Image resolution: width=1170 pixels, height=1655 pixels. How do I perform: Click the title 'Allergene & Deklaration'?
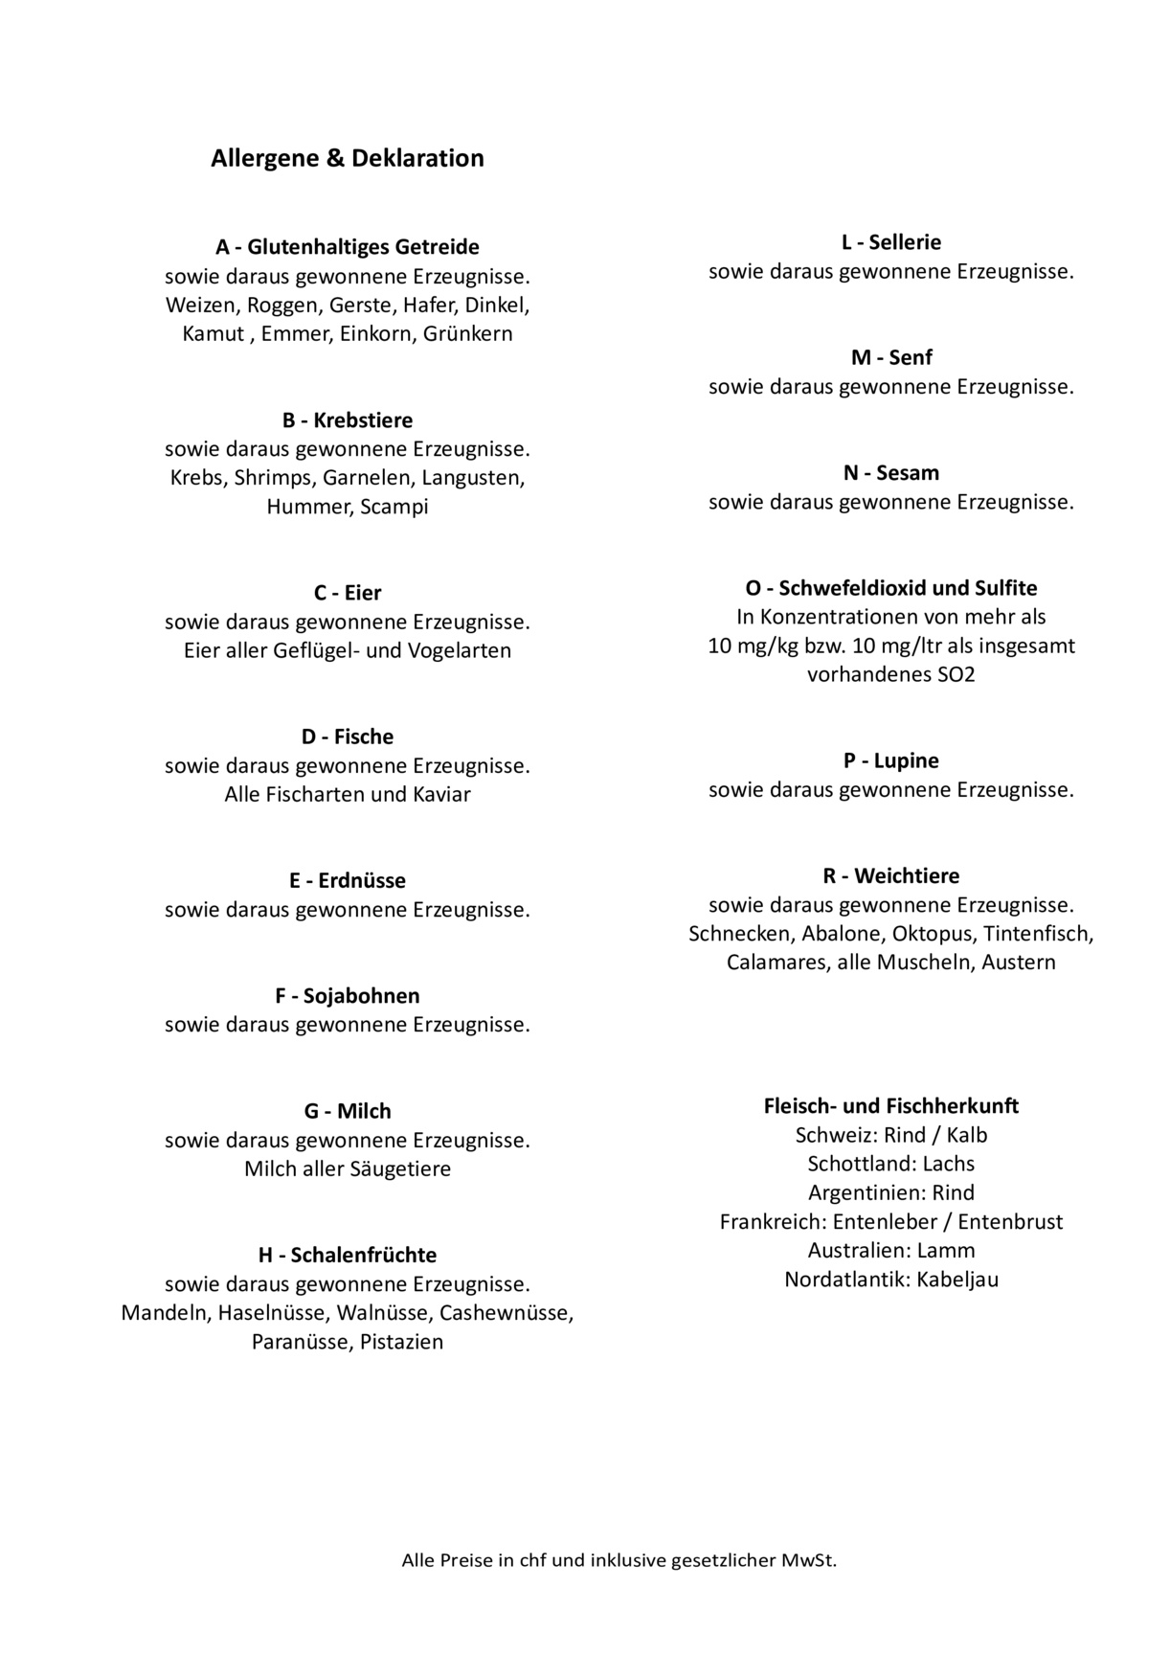coord(347,158)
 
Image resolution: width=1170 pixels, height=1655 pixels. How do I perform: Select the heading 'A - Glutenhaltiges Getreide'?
coord(347,247)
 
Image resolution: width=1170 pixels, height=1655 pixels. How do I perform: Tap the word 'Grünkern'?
coord(467,334)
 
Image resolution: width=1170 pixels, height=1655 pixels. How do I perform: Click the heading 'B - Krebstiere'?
coord(347,420)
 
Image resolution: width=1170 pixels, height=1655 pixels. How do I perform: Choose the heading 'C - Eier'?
coord(347,593)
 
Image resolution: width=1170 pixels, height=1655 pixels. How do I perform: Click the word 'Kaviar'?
coord(441,794)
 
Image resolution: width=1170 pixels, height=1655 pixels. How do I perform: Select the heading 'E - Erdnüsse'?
coord(347,881)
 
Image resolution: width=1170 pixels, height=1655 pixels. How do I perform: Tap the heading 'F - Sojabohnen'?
coord(347,996)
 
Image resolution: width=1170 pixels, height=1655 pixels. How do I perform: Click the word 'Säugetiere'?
coord(401,1169)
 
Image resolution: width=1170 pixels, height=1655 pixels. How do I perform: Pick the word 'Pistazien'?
coord(401,1342)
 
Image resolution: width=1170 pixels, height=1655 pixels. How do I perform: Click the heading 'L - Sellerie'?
coord(890,242)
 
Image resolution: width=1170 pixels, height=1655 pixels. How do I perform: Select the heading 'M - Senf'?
coord(890,358)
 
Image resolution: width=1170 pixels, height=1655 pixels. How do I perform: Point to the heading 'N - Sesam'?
coord(890,473)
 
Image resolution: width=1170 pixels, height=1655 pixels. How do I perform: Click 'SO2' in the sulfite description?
coord(956,674)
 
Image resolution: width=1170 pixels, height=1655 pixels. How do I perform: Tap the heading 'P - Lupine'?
coord(890,761)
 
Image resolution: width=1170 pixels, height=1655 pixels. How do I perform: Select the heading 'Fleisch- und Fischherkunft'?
coord(890,1106)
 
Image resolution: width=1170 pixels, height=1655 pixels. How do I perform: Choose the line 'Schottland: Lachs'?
coord(890,1164)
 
